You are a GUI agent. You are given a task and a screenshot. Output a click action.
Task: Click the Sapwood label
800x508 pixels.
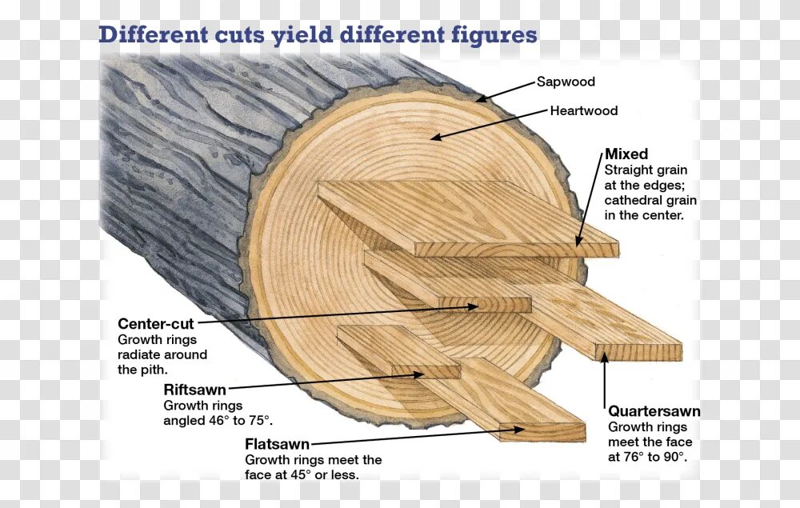566,82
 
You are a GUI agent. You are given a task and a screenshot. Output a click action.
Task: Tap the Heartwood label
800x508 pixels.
583,110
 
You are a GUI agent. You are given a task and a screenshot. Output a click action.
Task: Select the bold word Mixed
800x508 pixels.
626,154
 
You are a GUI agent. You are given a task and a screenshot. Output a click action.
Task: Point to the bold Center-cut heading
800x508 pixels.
155,324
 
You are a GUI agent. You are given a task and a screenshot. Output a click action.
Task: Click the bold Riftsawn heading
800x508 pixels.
194,390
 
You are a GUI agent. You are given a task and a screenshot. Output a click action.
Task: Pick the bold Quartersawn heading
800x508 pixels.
654,411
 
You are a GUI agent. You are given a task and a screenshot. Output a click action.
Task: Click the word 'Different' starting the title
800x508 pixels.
150,36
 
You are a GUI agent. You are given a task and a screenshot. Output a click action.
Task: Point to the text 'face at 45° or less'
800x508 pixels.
302,474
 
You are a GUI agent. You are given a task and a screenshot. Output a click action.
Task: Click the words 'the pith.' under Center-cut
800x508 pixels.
142,370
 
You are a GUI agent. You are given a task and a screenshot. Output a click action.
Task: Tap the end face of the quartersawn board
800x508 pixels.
638,352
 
